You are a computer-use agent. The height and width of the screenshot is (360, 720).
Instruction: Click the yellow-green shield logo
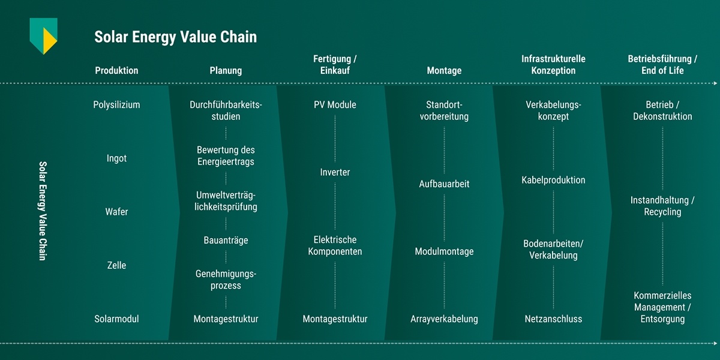point(44,35)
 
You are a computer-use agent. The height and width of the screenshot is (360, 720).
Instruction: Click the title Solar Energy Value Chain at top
point(175,37)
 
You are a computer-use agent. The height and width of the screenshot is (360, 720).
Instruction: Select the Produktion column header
point(116,71)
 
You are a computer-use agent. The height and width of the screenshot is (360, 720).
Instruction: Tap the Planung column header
point(226,71)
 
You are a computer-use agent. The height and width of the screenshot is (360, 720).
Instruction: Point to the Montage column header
point(444,71)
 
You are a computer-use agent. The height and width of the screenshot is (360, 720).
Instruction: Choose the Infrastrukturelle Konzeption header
point(553,65)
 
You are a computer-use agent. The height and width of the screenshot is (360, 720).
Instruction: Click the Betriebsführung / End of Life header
point(662,65)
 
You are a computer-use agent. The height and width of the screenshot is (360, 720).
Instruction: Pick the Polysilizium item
point(116,105)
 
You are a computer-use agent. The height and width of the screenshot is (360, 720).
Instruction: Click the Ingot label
point(116,158)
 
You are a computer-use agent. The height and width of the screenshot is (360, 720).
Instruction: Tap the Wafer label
point(116,212)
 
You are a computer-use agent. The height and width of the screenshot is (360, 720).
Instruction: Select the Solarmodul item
point(116,319)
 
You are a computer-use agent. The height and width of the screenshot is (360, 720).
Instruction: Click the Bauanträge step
point(226,241)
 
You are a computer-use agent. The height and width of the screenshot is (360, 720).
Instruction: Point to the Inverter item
point(335,172)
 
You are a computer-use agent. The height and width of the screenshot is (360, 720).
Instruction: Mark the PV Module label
point(335,105)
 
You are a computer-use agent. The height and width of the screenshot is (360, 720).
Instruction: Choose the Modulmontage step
point(444,251)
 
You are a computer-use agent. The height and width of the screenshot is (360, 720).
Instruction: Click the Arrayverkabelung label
point(444,319)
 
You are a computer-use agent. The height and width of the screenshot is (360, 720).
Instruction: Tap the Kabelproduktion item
point(553,180)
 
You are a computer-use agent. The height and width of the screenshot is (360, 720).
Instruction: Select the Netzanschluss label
point(553,319)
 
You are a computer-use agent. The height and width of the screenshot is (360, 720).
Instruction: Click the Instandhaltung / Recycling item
point(662,206)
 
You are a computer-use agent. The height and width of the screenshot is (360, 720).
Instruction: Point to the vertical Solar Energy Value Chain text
point(43,210)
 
